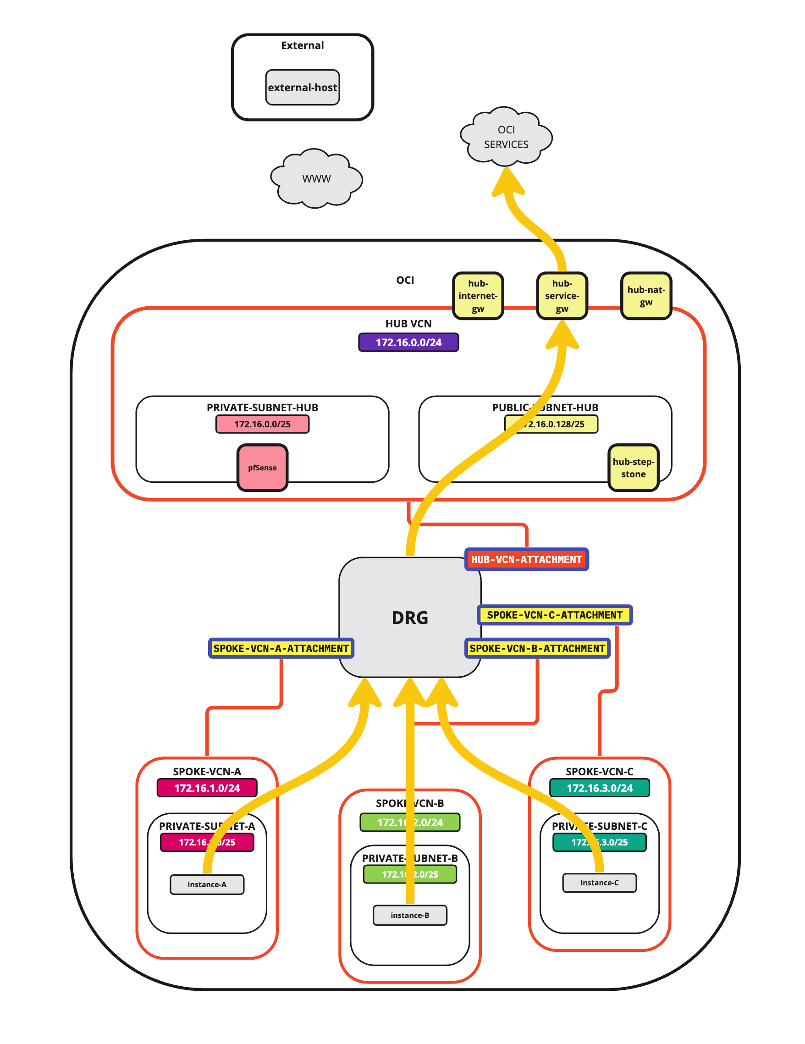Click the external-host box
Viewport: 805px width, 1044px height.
tap(302, 88)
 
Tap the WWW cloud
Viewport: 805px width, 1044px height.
tap(316, 179)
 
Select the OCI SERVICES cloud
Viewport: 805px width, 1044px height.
tap(506, 137)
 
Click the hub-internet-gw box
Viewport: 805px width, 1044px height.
tap(478, 296)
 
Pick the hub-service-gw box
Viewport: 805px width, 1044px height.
tap(562, 296)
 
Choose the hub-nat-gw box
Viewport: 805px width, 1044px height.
tap(646, 296)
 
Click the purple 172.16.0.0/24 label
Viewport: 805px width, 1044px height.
tap(408, 342)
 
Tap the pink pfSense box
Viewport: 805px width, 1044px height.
tap(262, 468)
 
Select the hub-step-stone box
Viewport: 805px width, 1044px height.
tap(633, 468)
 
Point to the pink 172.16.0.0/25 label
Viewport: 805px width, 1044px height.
tap(262, 424)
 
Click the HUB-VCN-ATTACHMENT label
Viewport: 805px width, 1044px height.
tap(526, 559)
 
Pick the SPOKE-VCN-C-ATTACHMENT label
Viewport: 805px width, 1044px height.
tap(555, 615)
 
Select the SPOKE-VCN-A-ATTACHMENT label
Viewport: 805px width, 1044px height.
tap(281, 648)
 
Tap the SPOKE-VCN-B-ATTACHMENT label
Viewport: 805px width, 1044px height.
tap(537, 648)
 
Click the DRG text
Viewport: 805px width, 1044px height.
tap(410, 618)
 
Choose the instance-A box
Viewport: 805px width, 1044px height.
tap(207, 884)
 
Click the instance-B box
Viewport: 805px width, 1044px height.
tap(410, 915)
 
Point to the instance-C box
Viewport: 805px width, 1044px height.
tap(600, 883)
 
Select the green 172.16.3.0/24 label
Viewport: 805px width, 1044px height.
tap(600, 788)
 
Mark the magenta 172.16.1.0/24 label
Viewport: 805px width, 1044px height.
tap(207, 788)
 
